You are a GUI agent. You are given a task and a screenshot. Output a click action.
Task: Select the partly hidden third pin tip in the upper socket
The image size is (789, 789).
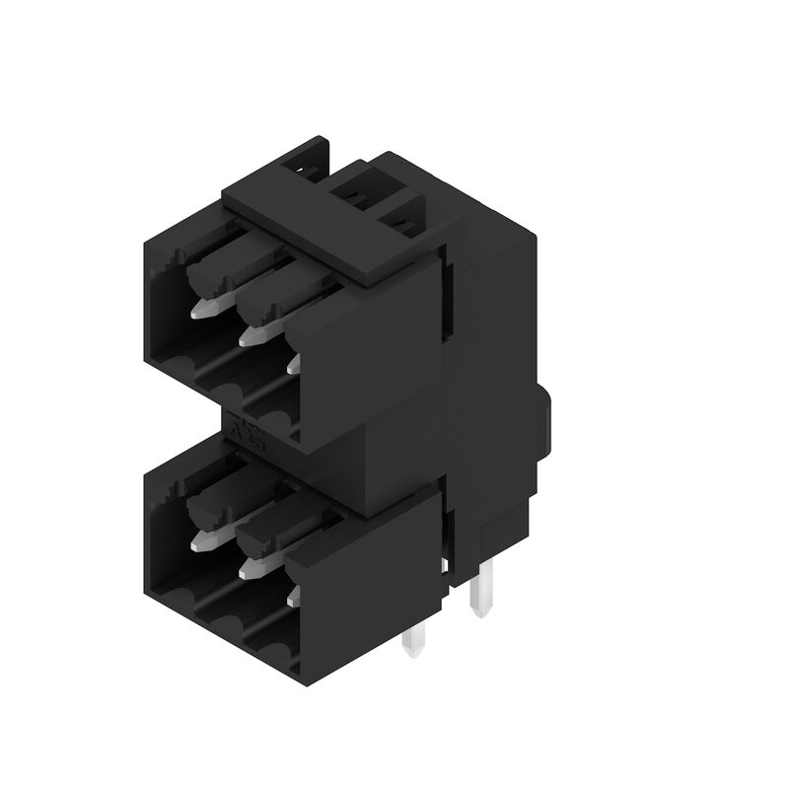pos(293,365)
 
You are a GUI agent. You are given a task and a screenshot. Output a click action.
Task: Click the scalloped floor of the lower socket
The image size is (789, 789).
pos(222,602)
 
